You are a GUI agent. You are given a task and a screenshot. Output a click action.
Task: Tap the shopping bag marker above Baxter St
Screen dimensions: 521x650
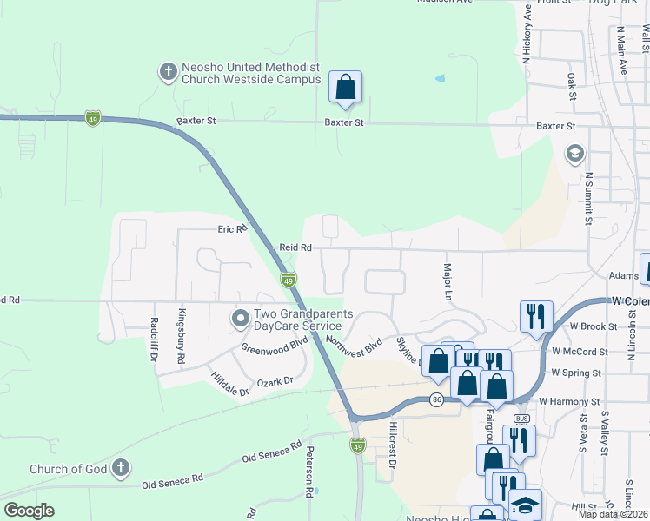coord(345,88)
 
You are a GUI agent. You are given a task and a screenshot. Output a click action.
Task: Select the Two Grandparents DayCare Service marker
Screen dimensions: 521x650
coord(241,320)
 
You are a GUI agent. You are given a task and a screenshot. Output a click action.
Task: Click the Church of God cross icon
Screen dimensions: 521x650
coord(121,469)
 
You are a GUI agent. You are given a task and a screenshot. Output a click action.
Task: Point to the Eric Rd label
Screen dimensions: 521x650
coord(232,228)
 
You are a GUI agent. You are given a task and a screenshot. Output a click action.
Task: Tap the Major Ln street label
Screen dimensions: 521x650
coord(448,282)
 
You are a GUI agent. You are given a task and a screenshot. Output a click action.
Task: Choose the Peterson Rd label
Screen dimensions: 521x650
coord(308,472)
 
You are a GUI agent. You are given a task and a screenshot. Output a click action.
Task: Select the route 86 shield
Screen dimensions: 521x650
coord(436,399)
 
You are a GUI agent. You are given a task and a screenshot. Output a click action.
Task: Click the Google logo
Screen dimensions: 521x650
coord(29,511)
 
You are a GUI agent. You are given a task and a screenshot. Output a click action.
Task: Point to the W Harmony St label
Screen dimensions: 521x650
coord(569,402)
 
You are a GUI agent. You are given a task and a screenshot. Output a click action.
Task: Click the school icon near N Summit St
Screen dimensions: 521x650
coord(574,154)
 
